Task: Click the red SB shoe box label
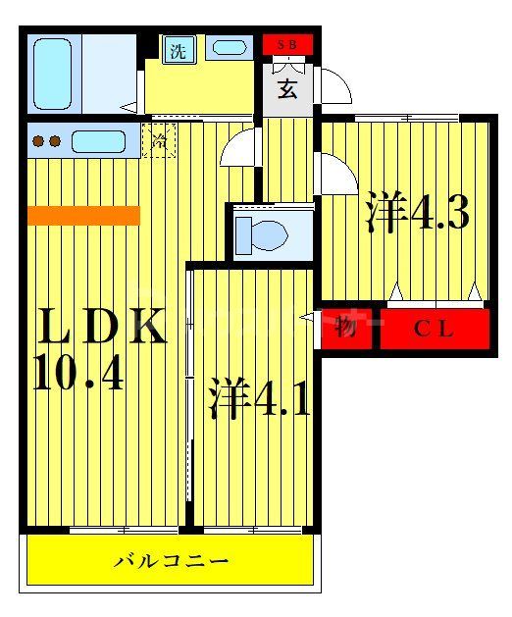(287, 45)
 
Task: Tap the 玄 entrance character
(286, 89)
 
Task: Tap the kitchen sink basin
(98, 141)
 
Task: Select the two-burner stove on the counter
(47, 141)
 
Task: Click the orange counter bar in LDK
(83, 215)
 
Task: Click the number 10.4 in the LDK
(78, 374)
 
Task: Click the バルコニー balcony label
(172, 562)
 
